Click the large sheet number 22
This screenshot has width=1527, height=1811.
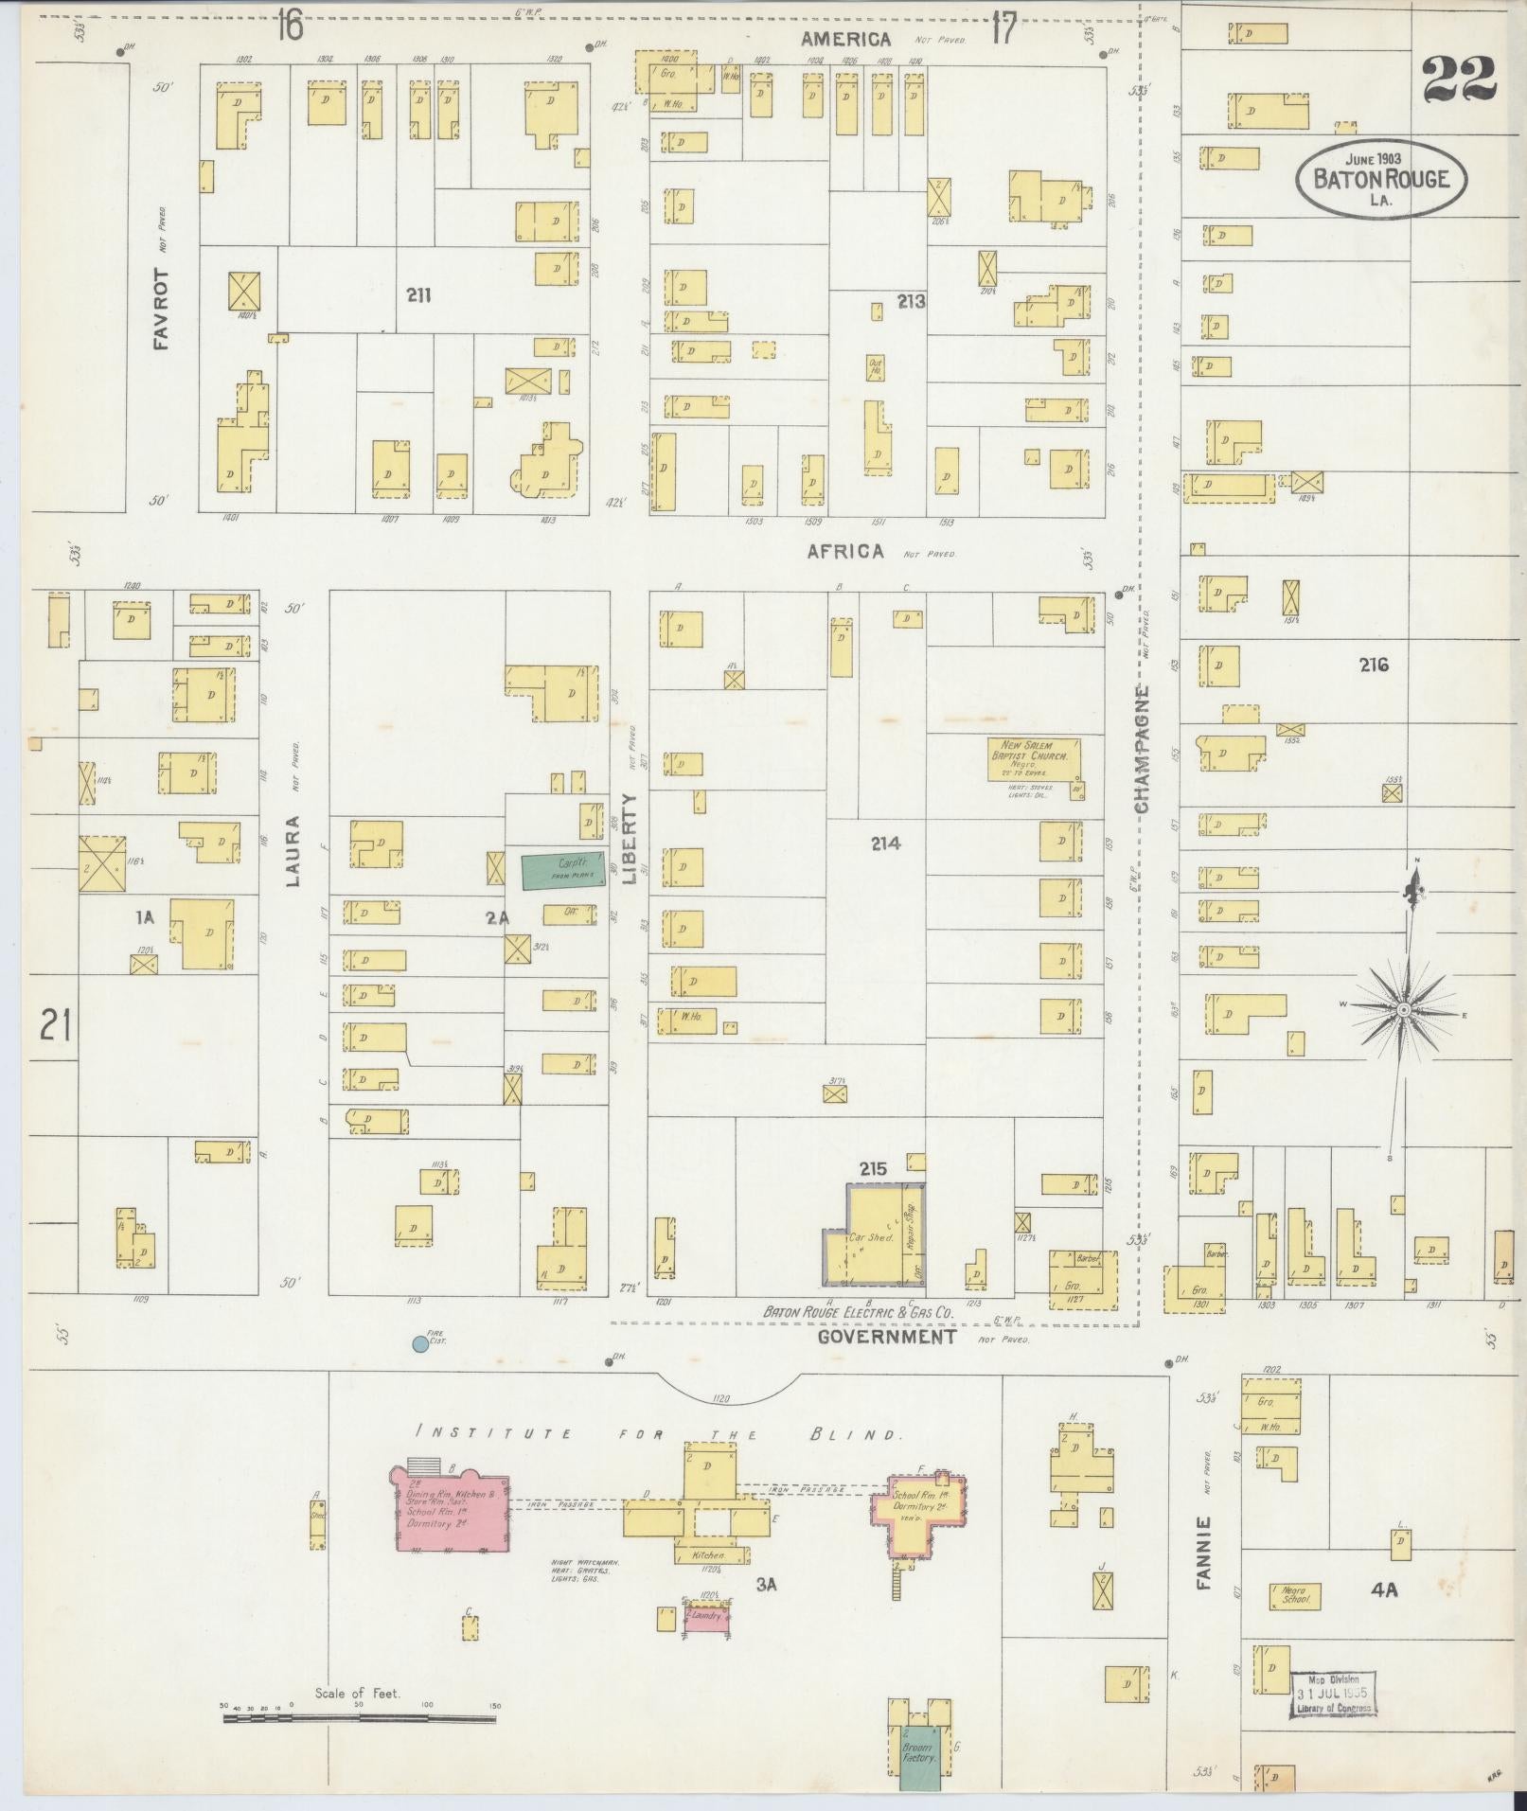click(1459, 80)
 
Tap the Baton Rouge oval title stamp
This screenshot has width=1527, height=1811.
click(1380, 179)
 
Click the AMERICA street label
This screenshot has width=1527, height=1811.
click(845, 39)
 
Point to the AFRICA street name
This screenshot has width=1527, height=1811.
click(845, 552)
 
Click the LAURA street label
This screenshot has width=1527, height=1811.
click(293, 850)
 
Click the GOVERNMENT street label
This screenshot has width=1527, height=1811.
click(886, 1337)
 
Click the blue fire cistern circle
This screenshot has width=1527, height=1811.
click(419, 1343)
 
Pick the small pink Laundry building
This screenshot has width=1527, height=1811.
click(707, 1616)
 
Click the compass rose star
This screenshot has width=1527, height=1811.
click(1403, 1010)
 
